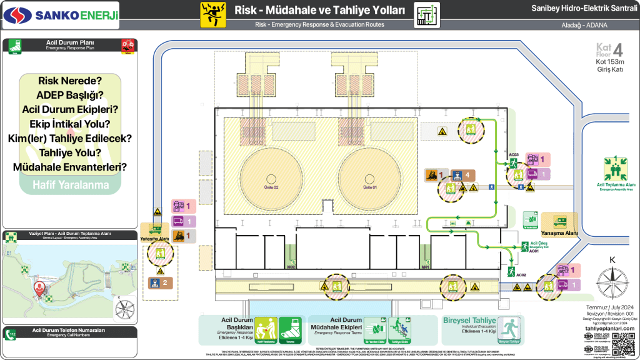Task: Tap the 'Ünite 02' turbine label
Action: coord(271,187)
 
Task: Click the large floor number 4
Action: coord(617,50)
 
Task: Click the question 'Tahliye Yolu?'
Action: coord(70,152)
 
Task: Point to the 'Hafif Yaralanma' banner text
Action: coord(70,184)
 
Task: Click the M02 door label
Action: coord(291,267)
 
